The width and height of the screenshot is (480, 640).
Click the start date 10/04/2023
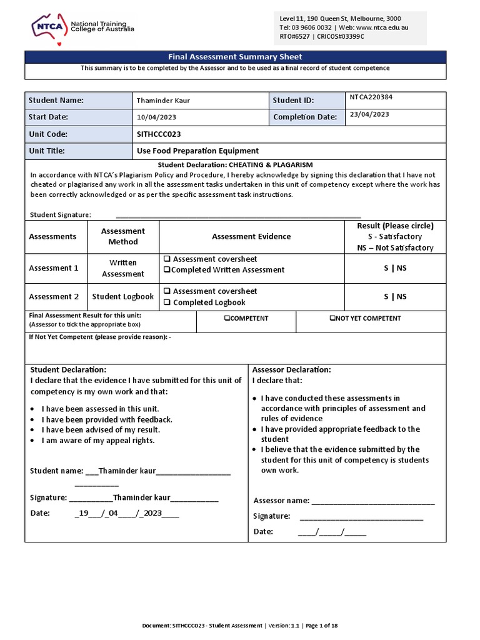tap(153, 117)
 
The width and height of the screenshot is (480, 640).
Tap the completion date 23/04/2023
tap(369, 114)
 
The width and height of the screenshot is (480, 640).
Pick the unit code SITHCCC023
tap(159, 134)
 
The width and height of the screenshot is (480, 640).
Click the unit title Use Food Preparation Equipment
tap(197, 151)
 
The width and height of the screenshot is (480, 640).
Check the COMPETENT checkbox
tap(227, 318)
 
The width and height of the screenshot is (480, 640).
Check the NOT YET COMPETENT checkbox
tap(332, 318)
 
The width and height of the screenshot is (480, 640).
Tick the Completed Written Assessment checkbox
tap(167, 270)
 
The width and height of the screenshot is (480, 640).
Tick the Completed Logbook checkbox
tap(167, 302)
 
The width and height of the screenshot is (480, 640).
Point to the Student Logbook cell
tap(122, 297)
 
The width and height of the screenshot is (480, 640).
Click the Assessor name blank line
tap(372, 501)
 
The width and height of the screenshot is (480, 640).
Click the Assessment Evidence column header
tap(251, 236)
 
